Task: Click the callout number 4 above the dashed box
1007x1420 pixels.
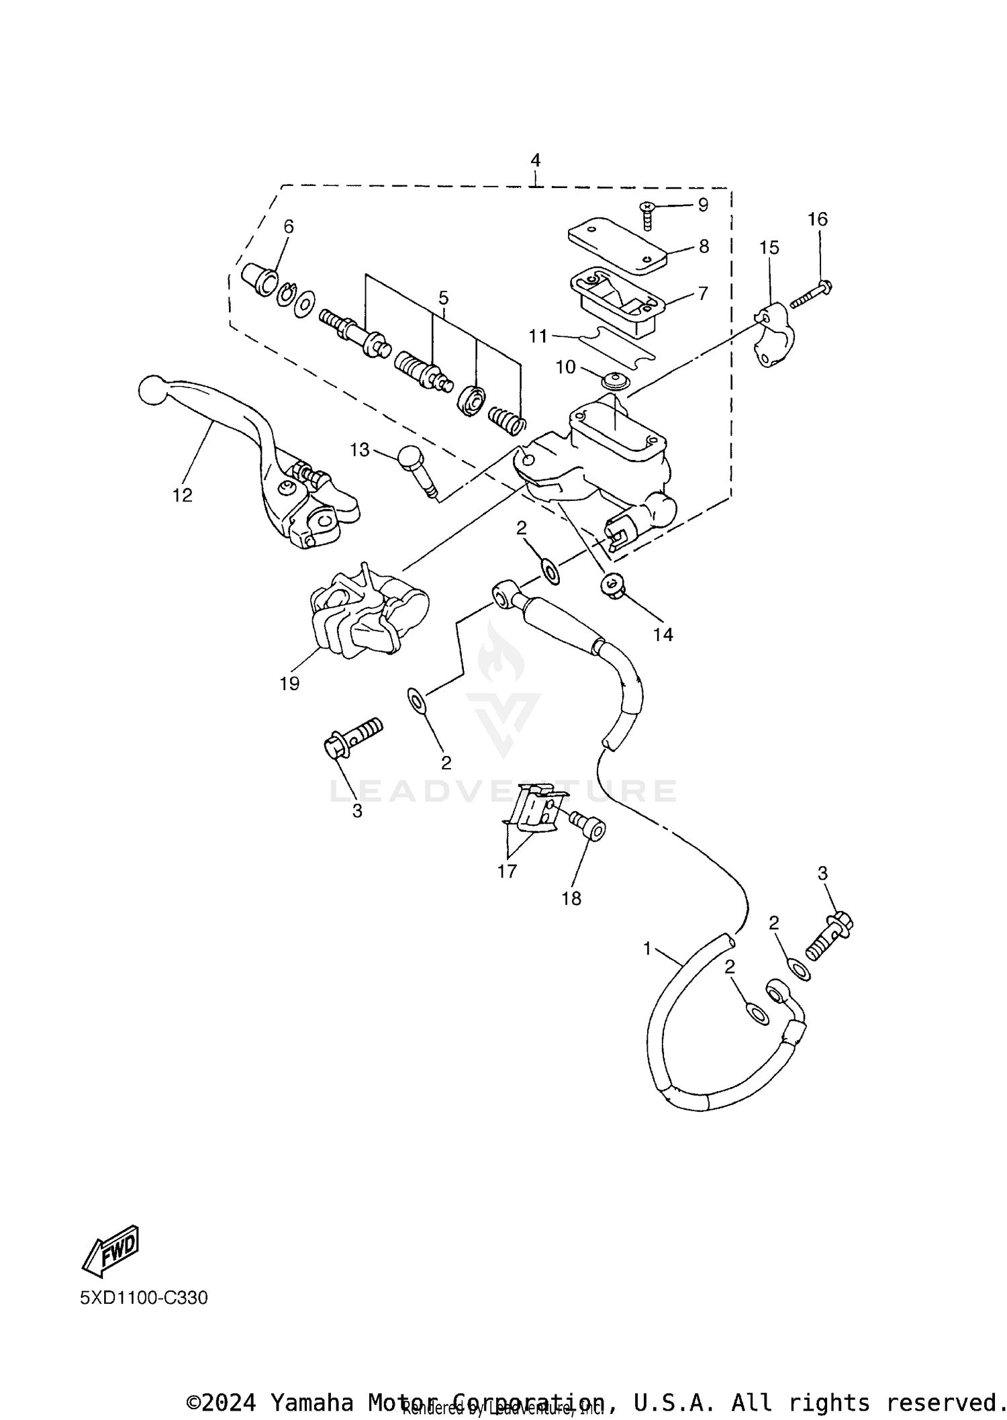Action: (x=535, y=160)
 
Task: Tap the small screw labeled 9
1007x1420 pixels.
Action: (x=648, y=215)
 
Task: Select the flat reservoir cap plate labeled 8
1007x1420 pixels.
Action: (x=616, y=247)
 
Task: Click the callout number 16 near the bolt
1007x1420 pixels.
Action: (x=817, y=220)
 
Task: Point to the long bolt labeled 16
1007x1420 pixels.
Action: (x=811, y=295)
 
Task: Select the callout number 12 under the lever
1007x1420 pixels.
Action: (x=182, y=495)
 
